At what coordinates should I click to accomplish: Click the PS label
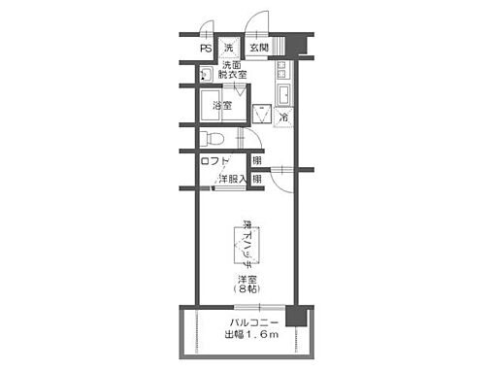(207, 47)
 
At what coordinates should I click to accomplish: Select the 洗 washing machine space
(230, 47)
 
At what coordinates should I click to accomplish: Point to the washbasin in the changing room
(206, 76)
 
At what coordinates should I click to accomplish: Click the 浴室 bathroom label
(222, 105)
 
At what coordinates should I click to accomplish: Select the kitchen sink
(284, 94)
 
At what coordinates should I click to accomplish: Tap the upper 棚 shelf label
(256, 161)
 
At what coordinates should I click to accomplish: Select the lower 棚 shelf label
(256, 179)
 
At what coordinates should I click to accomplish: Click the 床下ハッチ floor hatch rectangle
(246, 245)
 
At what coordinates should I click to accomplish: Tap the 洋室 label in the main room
(246, 280)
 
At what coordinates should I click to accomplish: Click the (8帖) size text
(246, 290)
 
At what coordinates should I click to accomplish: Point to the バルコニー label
(253, 321)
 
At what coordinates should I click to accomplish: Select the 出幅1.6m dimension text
(253, 335)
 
